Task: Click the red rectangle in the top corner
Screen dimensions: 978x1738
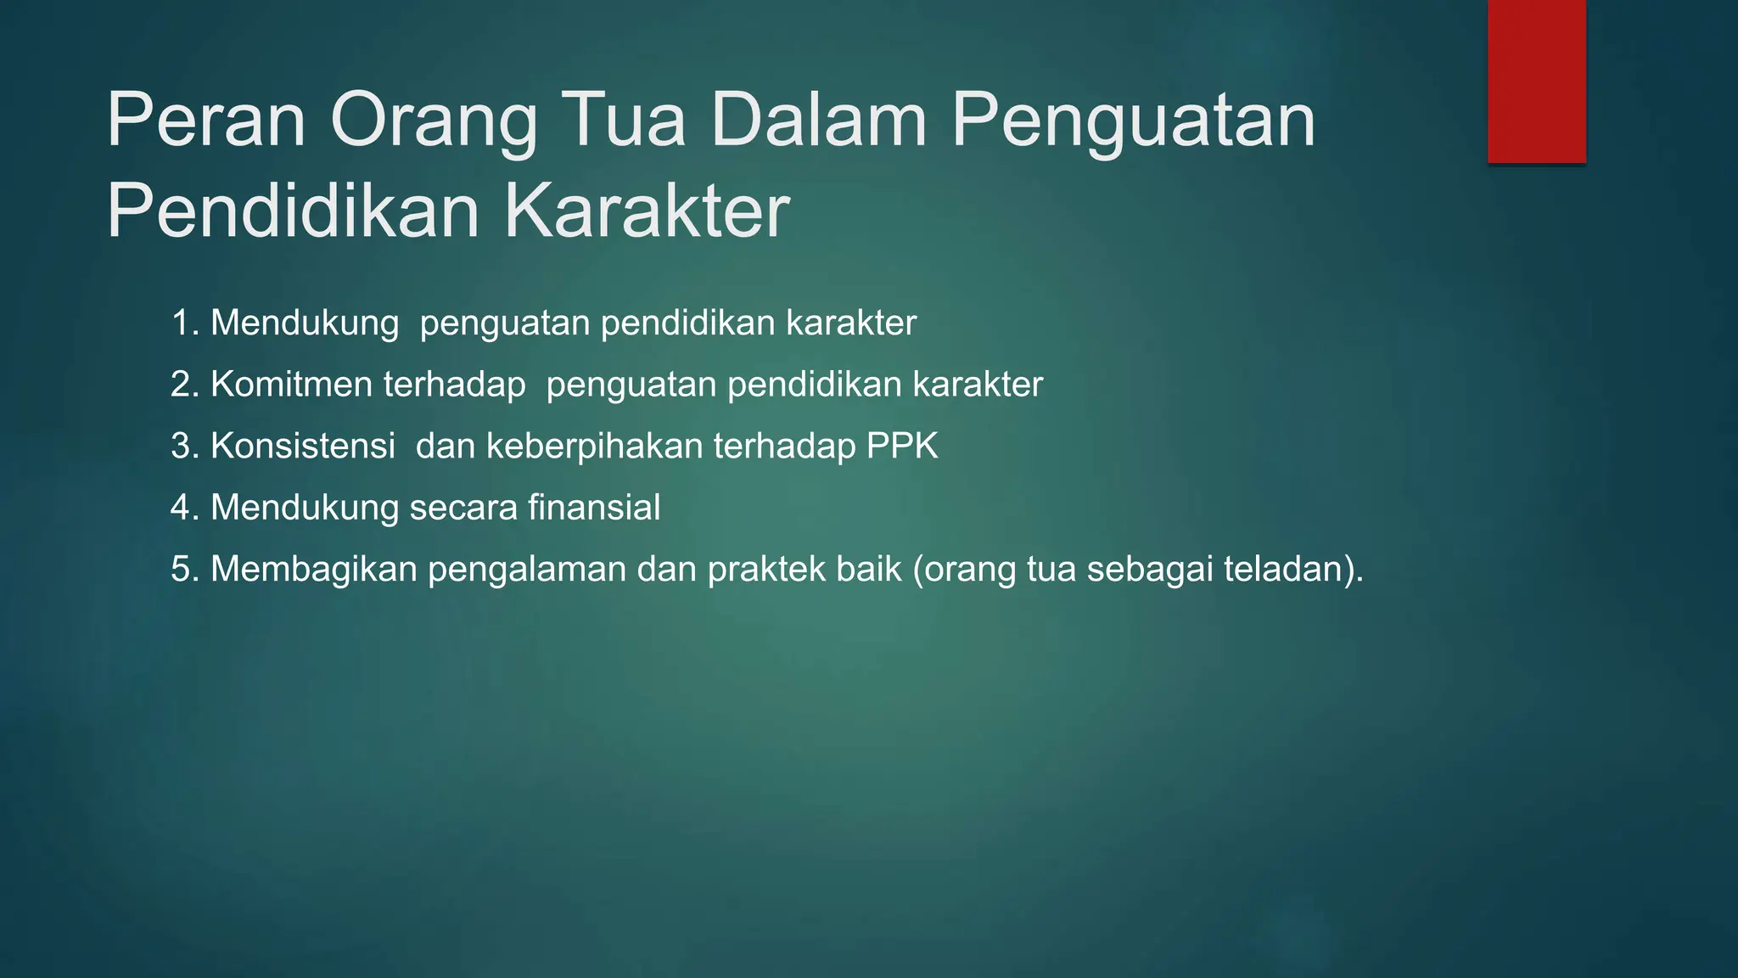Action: (x=1536, y=81)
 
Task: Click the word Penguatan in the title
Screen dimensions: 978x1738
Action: (x=1133, y=121)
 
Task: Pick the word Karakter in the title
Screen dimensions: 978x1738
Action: (x=647, y=212)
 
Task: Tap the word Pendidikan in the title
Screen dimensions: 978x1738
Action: (x=293, y=212)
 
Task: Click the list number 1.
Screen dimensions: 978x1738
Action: (x=182, y=323)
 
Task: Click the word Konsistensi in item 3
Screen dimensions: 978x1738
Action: (x=302, y=447)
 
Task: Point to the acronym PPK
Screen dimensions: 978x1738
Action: (x=902, y=447)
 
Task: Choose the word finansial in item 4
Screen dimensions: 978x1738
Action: (x=593, y=508)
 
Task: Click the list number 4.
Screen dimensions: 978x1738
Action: (x=182, y=508)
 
